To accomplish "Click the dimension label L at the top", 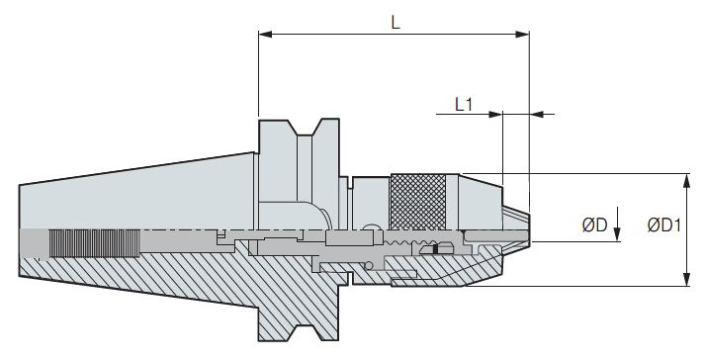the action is (x=396, y=22).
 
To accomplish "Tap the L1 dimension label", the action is (x=464, y=105).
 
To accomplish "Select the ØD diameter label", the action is (x=594, y=225).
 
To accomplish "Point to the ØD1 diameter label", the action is (x=664, y=225).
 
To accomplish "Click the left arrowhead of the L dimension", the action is (x=265, y=34).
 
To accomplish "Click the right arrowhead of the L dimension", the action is (x=523, y=34).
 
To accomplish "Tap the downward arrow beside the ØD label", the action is (x=617, y=224).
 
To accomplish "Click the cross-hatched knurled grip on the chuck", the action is (x=418, y=202).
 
